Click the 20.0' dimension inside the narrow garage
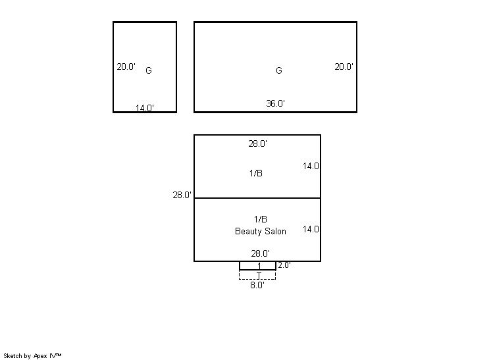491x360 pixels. tap(126, 66)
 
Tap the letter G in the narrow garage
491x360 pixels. tap(149, 70)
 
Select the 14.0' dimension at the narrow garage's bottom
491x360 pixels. tap(145, 108)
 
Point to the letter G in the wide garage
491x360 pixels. tap(279, 70)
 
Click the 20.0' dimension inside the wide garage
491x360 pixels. tap(344, 66)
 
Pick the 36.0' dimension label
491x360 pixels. tap(276, 103)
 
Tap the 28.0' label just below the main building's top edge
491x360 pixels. tap(258, 143)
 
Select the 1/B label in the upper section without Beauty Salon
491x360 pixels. tap(256, 173)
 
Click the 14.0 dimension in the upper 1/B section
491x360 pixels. tap(311, 167)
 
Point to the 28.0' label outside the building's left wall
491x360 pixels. tap(182, 195)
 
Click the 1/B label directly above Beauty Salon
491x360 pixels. tap(261, 219)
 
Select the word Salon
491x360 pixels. tap(276, 232)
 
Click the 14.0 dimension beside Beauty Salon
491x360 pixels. tap(311, 230)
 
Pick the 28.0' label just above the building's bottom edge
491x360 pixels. tap(260, 253)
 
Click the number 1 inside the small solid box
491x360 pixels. tap(259, 266)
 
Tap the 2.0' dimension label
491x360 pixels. tap(284, 265)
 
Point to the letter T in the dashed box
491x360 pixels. tap(259, 276)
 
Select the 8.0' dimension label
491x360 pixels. tap(257, 285)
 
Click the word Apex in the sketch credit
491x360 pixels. tap(40, 356)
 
